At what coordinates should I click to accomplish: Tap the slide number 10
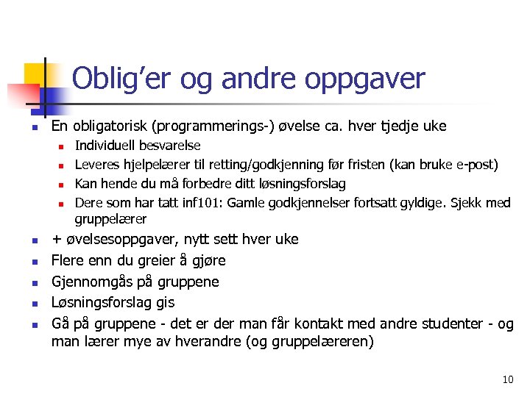[507, 379]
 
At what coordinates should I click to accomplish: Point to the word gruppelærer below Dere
[110, 219]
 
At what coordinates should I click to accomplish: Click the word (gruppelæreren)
[322, 342]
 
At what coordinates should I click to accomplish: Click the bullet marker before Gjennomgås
[35, 282]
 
